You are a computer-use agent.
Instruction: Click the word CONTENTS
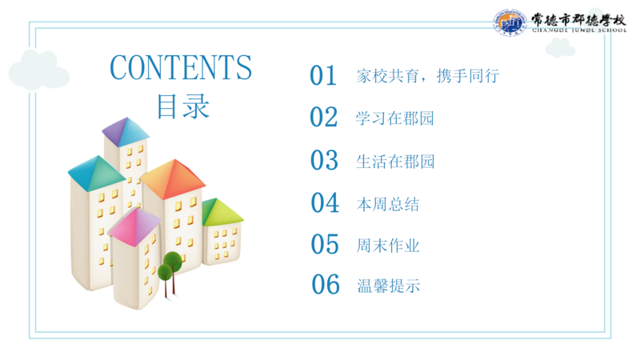(181, 67)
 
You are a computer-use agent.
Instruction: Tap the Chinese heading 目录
(183, 106)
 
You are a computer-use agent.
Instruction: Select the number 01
(323, 75)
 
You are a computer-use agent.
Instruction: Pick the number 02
(324, 118)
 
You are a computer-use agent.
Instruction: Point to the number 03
(324, 160)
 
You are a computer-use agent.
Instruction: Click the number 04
(325, 203)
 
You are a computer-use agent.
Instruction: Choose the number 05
(325, 244)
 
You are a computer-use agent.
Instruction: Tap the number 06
(326, 285)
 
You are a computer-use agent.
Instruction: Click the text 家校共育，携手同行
(428, 76)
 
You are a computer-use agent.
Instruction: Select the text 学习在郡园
(394, 118)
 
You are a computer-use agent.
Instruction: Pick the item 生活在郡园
(395, 162)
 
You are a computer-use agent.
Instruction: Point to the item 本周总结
(388, 204)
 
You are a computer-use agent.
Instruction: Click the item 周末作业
(388, 246)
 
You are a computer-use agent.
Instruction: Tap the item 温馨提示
(389, 286)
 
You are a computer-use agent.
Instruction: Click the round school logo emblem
(510, 23)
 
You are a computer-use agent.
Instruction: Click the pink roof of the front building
(135, 227)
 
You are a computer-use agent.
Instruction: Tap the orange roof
(173, 178)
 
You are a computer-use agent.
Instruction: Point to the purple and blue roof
(126, 131)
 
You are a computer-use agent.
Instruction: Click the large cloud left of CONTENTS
(38, 70)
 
